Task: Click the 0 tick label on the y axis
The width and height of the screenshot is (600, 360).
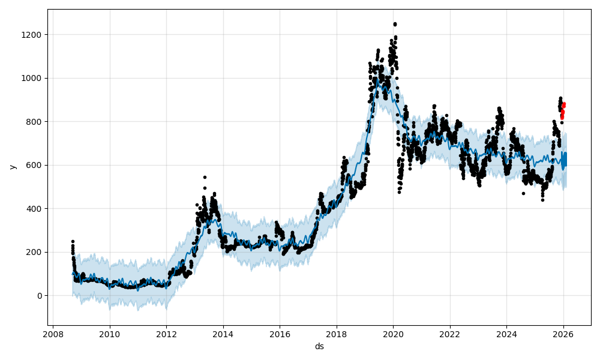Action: click(40, 296)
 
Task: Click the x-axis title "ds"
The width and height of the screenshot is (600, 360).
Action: click(319, 346)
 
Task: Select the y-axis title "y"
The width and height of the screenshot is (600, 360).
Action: click(12, 166)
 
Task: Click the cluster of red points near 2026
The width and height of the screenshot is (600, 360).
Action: click(563, 109)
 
